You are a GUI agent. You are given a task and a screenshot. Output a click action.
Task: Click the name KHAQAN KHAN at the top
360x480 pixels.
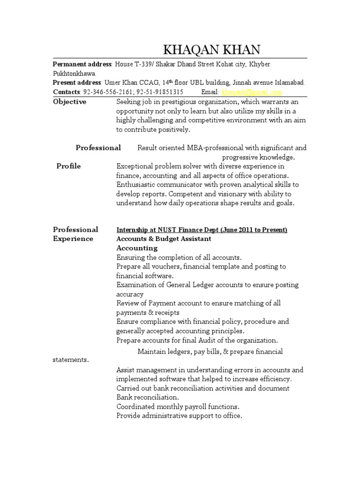(x=211, y=50)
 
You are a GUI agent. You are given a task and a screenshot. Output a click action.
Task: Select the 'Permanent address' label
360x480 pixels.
(x=82, y=64)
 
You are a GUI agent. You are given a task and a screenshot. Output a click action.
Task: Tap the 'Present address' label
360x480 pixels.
(x=77, y=82)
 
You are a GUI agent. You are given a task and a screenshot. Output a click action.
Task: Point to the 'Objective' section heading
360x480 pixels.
(x=69, y=102)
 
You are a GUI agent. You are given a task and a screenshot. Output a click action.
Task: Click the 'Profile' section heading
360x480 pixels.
(x=68, y=166)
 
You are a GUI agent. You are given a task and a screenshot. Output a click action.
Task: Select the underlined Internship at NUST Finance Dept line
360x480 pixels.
(x=202, y=230)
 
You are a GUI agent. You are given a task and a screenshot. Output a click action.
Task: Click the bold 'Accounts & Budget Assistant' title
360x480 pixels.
(x=164, y=239)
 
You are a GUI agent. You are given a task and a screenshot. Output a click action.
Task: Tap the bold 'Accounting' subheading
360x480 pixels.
(x=137, y=248)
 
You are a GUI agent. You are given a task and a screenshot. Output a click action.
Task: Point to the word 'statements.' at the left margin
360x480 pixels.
(x=70, y=360)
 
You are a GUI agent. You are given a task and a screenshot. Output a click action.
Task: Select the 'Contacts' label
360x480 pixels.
(x=67, y=92)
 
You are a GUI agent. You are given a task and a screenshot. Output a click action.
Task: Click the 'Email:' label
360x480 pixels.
(x=210, y=92)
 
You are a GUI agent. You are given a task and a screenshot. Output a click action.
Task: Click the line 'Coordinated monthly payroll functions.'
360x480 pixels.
(x=178, y=406)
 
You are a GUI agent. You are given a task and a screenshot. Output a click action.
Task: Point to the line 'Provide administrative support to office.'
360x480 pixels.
(x=179, y=416)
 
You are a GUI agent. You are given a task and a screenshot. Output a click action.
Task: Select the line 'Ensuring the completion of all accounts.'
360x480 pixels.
(x=179, y=257)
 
